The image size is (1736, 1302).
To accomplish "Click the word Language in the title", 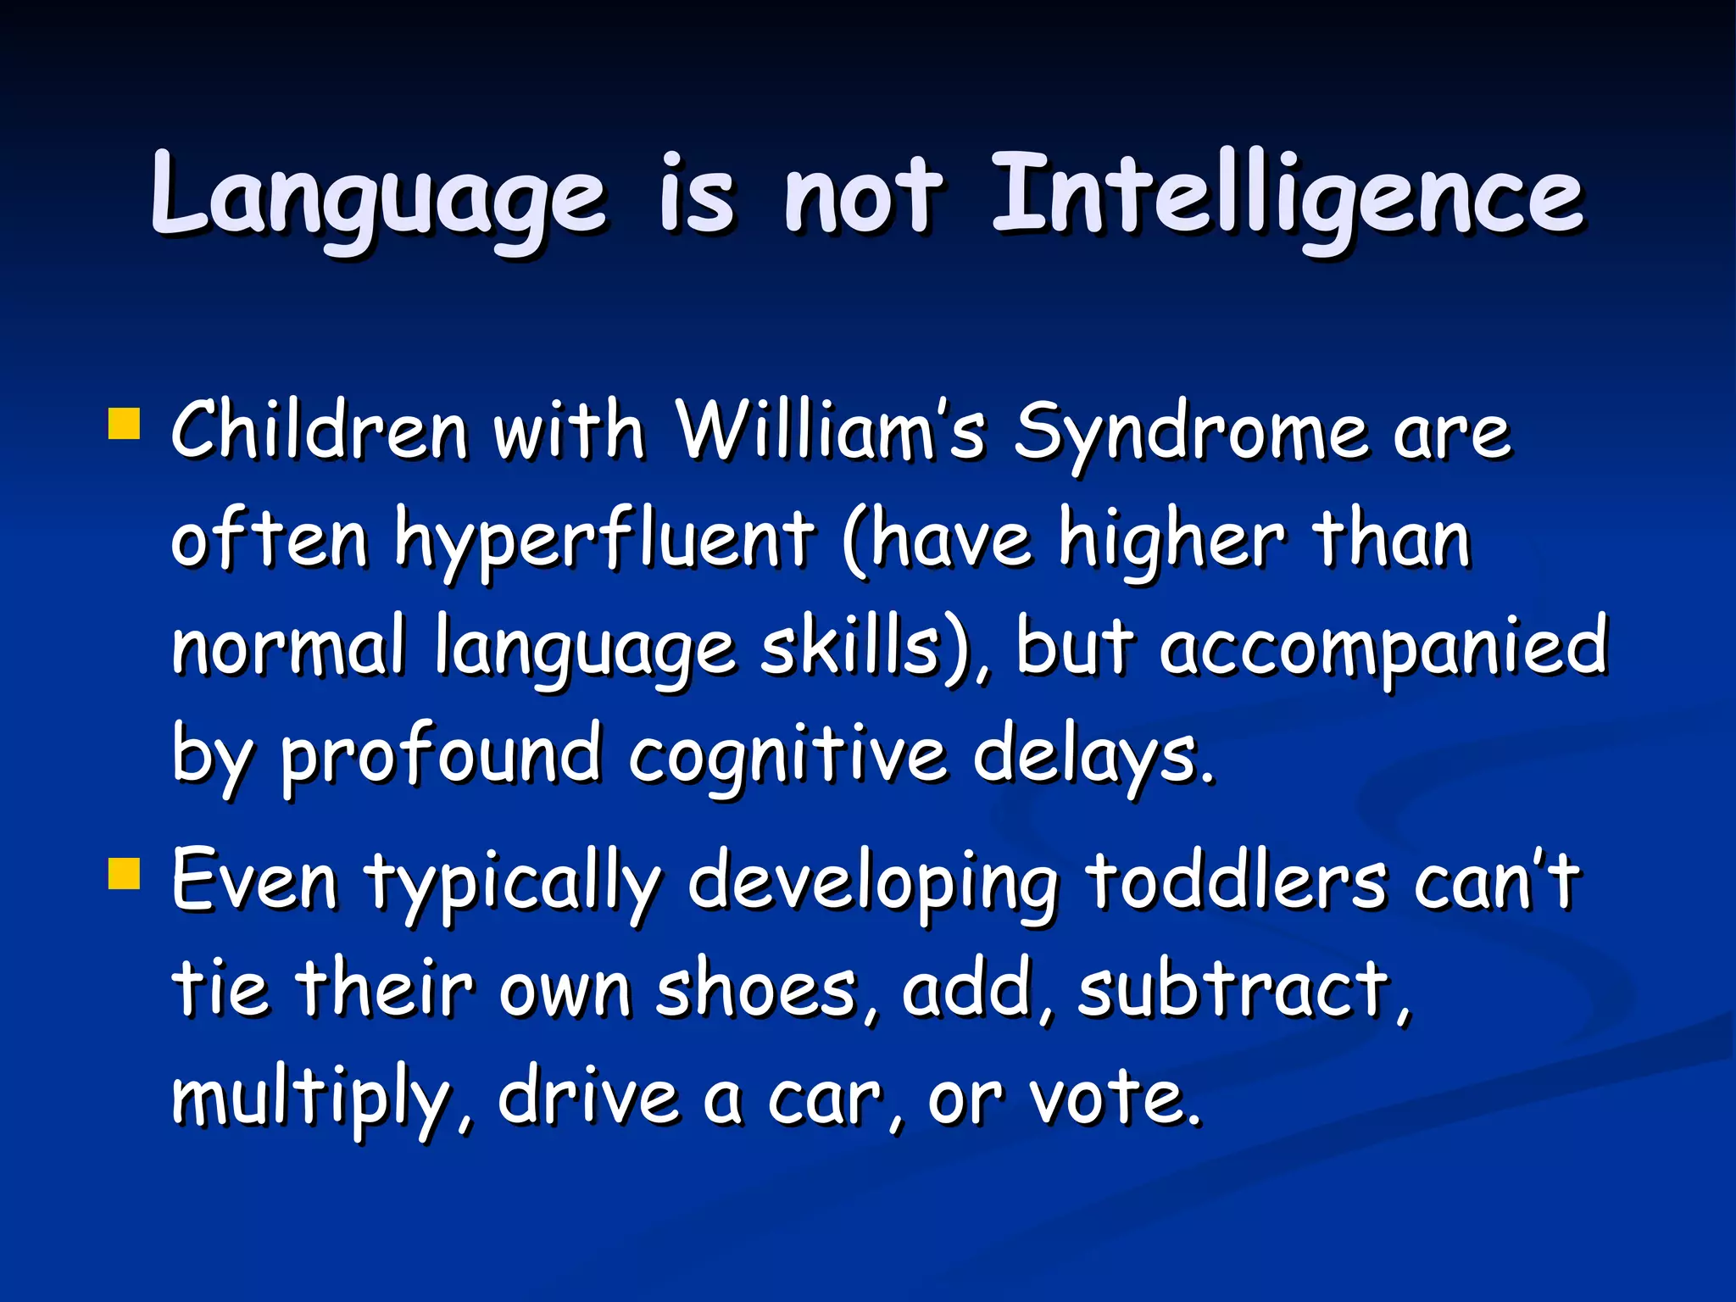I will [x=379, y=197].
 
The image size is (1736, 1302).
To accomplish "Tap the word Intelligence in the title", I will [x=1287, y=197].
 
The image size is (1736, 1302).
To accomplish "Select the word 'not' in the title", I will [x=862, y=197].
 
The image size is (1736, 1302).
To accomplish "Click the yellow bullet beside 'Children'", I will [x=124, y=424].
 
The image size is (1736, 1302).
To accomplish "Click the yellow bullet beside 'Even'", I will [x=124, y=873].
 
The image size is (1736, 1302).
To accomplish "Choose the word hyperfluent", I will [x=604, y=542].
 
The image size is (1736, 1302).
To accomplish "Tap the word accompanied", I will [x=1383, y=649].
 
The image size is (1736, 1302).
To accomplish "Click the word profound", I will [x=441, y=756].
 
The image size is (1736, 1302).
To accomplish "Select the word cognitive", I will [x=787, y=756].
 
